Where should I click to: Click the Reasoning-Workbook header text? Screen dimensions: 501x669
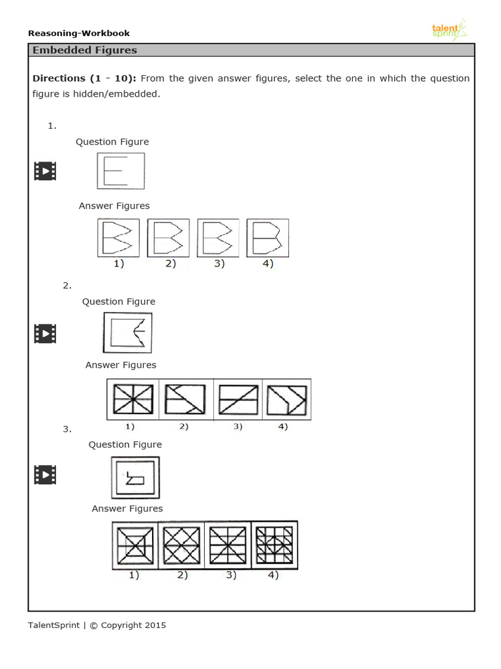[79, 33]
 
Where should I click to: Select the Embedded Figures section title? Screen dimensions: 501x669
[85, 50]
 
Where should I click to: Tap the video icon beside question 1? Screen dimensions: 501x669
[45, 171]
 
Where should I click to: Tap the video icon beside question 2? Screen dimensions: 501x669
[45, 333]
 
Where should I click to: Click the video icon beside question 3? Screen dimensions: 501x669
[45, 475]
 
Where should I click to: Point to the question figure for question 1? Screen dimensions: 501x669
[120, 171]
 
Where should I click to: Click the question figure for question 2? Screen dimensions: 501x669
[127, 333]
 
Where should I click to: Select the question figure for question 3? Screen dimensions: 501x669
[135, 478]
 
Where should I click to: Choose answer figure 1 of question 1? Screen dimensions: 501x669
[118, 238]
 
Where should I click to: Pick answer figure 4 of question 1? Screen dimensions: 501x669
[267, 238]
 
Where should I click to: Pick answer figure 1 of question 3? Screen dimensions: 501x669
[135, 545]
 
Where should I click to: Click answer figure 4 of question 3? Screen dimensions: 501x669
[274, 545]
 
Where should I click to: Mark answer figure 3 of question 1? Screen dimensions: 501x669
[218, 238]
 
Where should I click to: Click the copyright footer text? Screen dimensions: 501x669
[97, 625]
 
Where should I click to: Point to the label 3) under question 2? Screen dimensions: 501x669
[237, 427]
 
